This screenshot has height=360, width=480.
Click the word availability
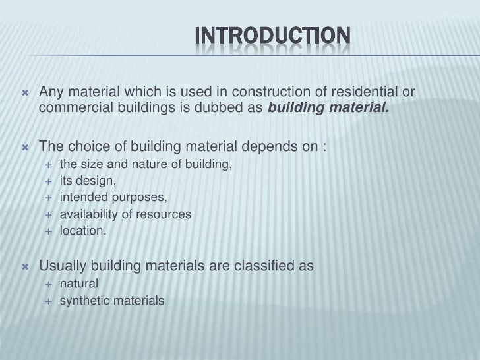coord(88,215)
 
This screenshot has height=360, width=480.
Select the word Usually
coord(65,267)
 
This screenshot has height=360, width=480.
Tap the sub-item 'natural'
coord(78,285)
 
